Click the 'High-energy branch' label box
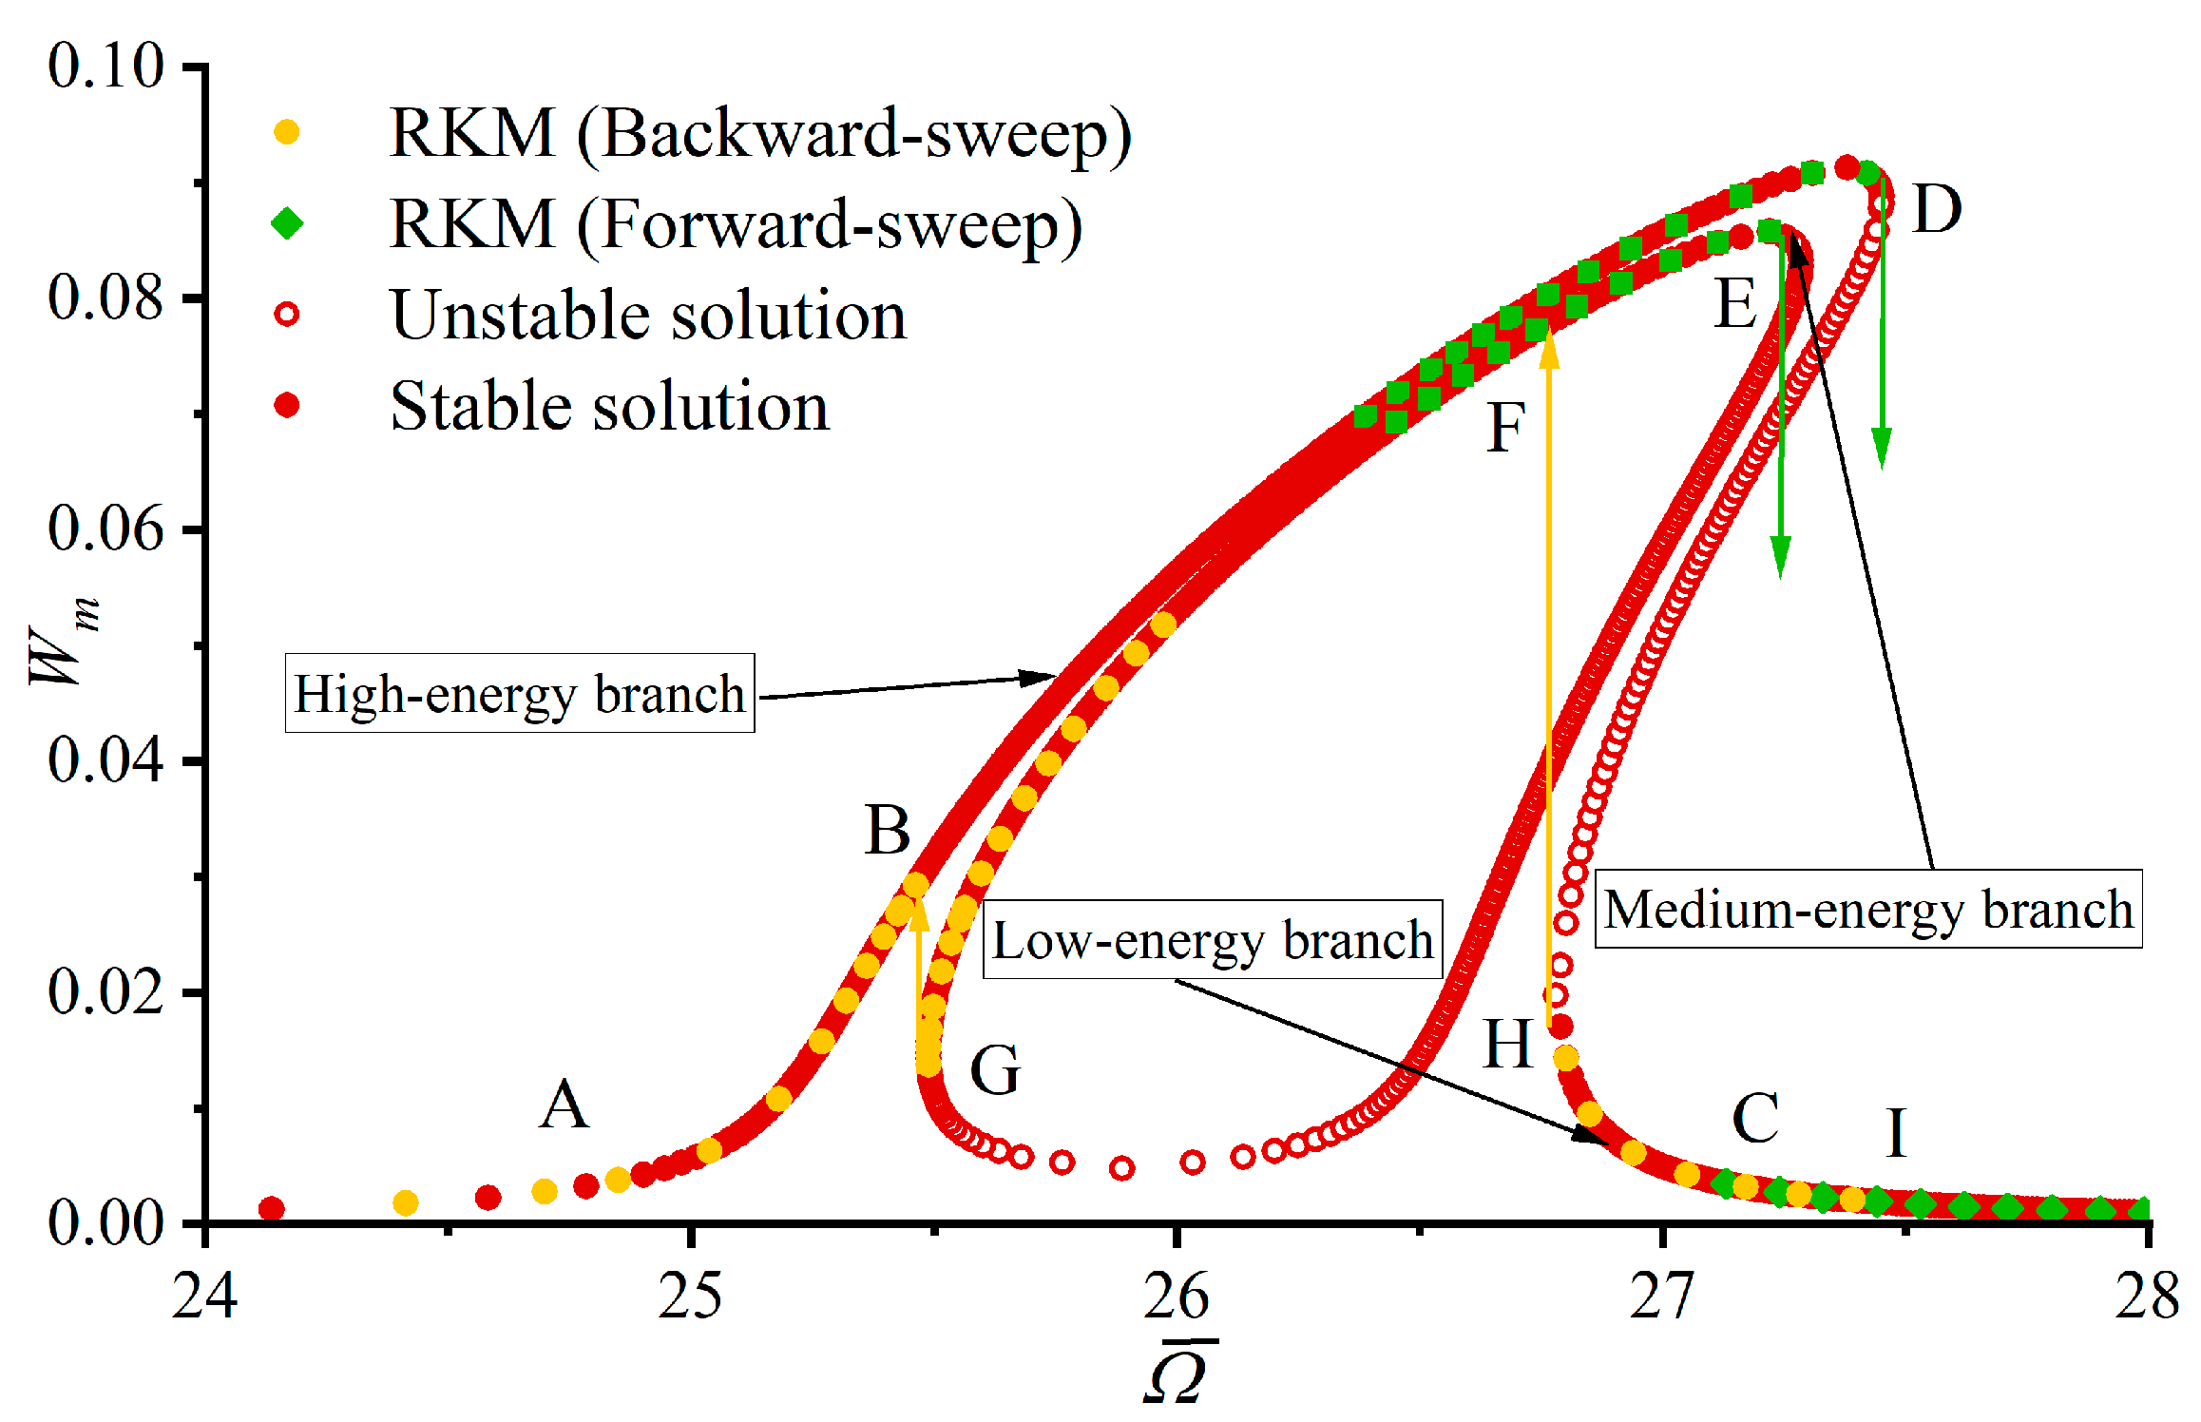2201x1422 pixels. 520,694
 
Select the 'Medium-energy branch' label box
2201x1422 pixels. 1867,910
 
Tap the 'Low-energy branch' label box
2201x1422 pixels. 1212,940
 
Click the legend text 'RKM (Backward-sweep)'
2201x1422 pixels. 760,133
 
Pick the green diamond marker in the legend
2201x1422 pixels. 287,224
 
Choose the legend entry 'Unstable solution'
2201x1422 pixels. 648,316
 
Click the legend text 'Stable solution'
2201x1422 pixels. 610,407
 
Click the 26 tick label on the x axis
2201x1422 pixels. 1177,1297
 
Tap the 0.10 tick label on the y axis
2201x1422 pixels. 106,66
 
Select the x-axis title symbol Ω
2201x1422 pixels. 1178,1374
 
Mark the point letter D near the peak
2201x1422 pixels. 1937,209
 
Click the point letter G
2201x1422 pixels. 995,1070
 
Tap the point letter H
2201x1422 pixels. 1508,1045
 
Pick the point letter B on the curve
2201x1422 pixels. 888,831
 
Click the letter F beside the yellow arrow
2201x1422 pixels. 1506,428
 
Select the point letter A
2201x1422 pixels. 565,1105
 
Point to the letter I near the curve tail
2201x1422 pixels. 1896,1133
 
